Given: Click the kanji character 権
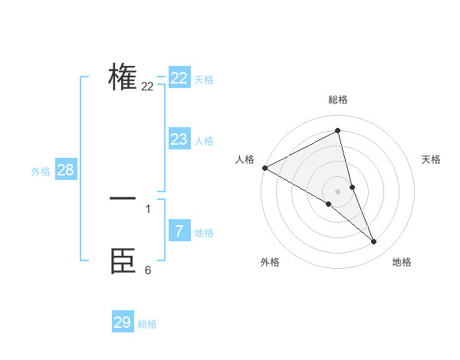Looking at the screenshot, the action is coord(123,77).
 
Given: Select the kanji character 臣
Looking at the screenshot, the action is coord(123,261).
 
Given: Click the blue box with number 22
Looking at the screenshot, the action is coord(179,78).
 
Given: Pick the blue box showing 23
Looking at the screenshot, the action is coord(179,139).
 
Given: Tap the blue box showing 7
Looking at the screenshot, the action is coord(179,231).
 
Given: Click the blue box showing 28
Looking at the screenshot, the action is coord(65,170).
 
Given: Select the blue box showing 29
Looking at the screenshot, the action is coord(123,322).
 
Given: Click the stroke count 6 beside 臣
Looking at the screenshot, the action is coord(148,270).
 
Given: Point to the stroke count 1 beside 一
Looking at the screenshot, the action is coord(148,208).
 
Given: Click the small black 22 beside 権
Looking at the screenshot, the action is coord(147,87).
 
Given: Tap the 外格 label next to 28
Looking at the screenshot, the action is coord(41,172).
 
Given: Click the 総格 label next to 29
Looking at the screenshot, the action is coord(147,324).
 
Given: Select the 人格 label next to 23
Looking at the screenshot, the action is coord(204,141).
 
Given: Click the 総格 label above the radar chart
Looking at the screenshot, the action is coord(338,100).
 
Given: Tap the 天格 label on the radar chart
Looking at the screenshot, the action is coord(432,159).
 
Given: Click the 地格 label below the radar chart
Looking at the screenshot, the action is coord(402,262).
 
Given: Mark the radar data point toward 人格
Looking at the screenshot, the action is coord(264,168).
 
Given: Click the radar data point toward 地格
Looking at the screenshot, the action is coord(374,242).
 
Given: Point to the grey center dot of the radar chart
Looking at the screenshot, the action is coord(337,191).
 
